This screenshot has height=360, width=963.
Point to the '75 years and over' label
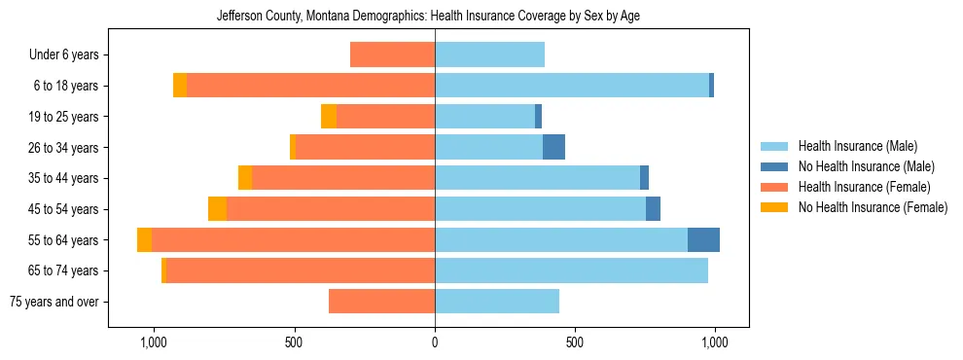coord(54,302)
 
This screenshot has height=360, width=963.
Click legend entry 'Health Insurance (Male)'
coord(857,146)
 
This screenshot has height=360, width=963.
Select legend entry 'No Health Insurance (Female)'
coord(873,207)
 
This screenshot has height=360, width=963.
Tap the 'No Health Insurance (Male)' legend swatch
coord(775,166)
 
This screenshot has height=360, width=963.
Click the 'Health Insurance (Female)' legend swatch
coord(775,187)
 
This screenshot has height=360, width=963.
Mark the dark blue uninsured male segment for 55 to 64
coord(703,239)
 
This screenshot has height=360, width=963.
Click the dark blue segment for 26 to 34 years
coord(553,147)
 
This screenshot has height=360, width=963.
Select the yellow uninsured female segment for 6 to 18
coord(180,86)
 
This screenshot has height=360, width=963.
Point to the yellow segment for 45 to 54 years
coord(217,209)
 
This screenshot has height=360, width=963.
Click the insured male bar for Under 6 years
coord(489,55)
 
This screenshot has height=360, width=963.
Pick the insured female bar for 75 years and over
coord(381,302)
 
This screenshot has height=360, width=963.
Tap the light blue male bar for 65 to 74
coord(571,270)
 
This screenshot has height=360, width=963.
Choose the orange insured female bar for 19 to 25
coord(385,117)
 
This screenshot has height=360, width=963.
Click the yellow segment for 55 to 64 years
coord(144,239)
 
